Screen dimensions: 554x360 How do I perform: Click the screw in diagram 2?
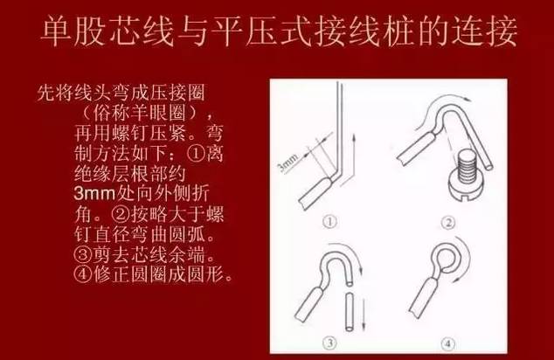pos(467,176)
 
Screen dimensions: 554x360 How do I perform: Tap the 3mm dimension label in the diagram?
pos(288,163)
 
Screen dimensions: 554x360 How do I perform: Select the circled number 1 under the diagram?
pos(330,222)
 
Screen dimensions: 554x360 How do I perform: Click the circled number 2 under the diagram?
pos(448,223)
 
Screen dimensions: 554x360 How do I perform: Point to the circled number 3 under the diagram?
pos(330,343)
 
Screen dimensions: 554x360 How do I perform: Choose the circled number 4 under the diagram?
pos(448,343)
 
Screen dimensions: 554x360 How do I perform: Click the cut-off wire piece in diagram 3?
pos(350,312)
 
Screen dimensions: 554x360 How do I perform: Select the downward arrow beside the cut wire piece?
pos(364,315)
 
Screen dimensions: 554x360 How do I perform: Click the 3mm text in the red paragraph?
pos(94,193)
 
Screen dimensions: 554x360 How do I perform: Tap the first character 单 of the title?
pos(58,31)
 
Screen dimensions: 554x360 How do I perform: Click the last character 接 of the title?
pos(501,31)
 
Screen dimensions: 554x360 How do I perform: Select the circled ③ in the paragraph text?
pos(83,254)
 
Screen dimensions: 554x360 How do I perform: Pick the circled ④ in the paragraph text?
pos(83,273)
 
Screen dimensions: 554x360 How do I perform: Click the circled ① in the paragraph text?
pos(196,154)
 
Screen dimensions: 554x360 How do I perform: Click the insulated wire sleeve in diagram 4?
pos(422,296)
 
